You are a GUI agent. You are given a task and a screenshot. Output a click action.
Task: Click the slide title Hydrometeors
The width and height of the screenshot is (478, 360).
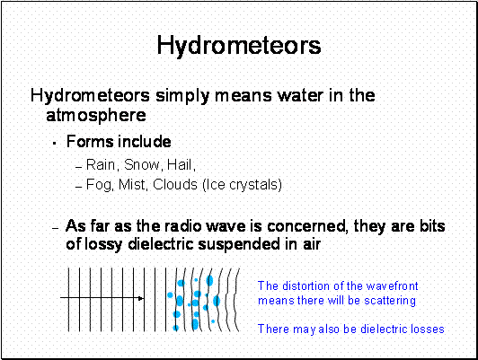239,46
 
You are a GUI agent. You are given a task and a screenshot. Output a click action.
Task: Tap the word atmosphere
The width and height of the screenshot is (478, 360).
96,115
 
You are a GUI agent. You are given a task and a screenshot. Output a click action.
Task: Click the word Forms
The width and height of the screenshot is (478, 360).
90,142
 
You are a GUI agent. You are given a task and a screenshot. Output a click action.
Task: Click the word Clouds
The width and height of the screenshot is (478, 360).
175,185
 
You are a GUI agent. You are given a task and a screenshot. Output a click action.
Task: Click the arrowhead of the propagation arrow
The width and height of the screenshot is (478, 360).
141,298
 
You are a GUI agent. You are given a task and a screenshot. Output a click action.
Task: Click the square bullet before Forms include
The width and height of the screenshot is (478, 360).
55,143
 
